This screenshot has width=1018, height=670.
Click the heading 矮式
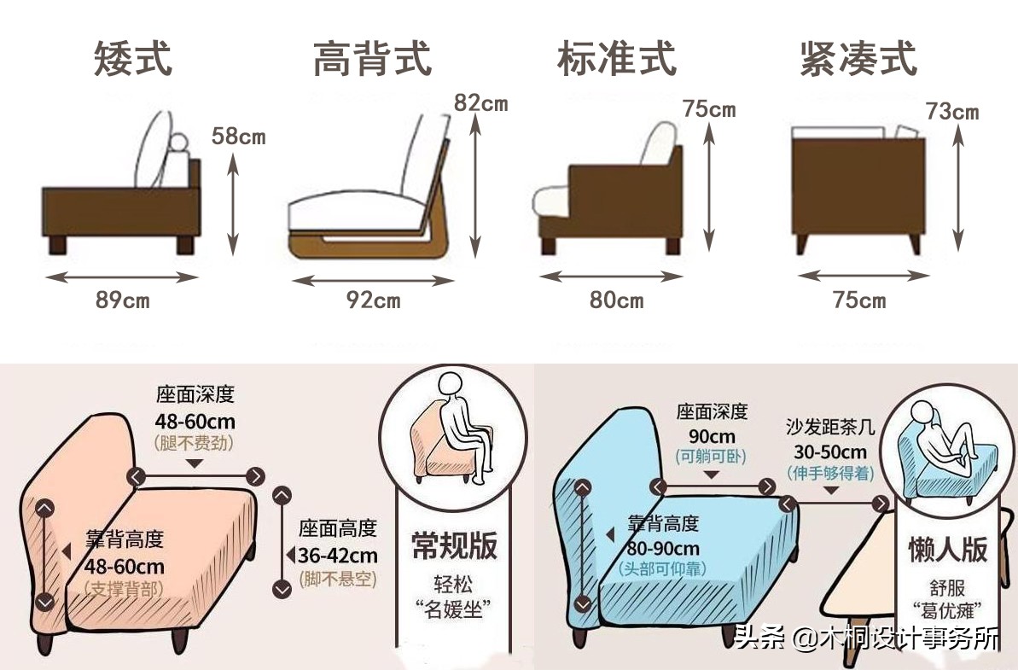132,58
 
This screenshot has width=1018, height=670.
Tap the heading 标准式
616,59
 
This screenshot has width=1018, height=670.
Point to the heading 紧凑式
858,59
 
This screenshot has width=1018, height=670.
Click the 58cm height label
239,136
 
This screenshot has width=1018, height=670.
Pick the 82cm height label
480,103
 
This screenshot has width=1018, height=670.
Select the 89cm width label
122,300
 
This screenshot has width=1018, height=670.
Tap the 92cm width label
373,300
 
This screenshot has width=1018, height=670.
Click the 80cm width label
616,300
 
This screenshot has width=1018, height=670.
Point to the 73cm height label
951,111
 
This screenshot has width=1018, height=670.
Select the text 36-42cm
338,555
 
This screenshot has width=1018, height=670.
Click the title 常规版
454,545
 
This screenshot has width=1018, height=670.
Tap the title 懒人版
947,549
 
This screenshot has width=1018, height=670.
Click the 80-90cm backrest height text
663,548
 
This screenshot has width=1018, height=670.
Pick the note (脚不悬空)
338,578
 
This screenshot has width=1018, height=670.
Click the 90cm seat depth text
712,434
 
